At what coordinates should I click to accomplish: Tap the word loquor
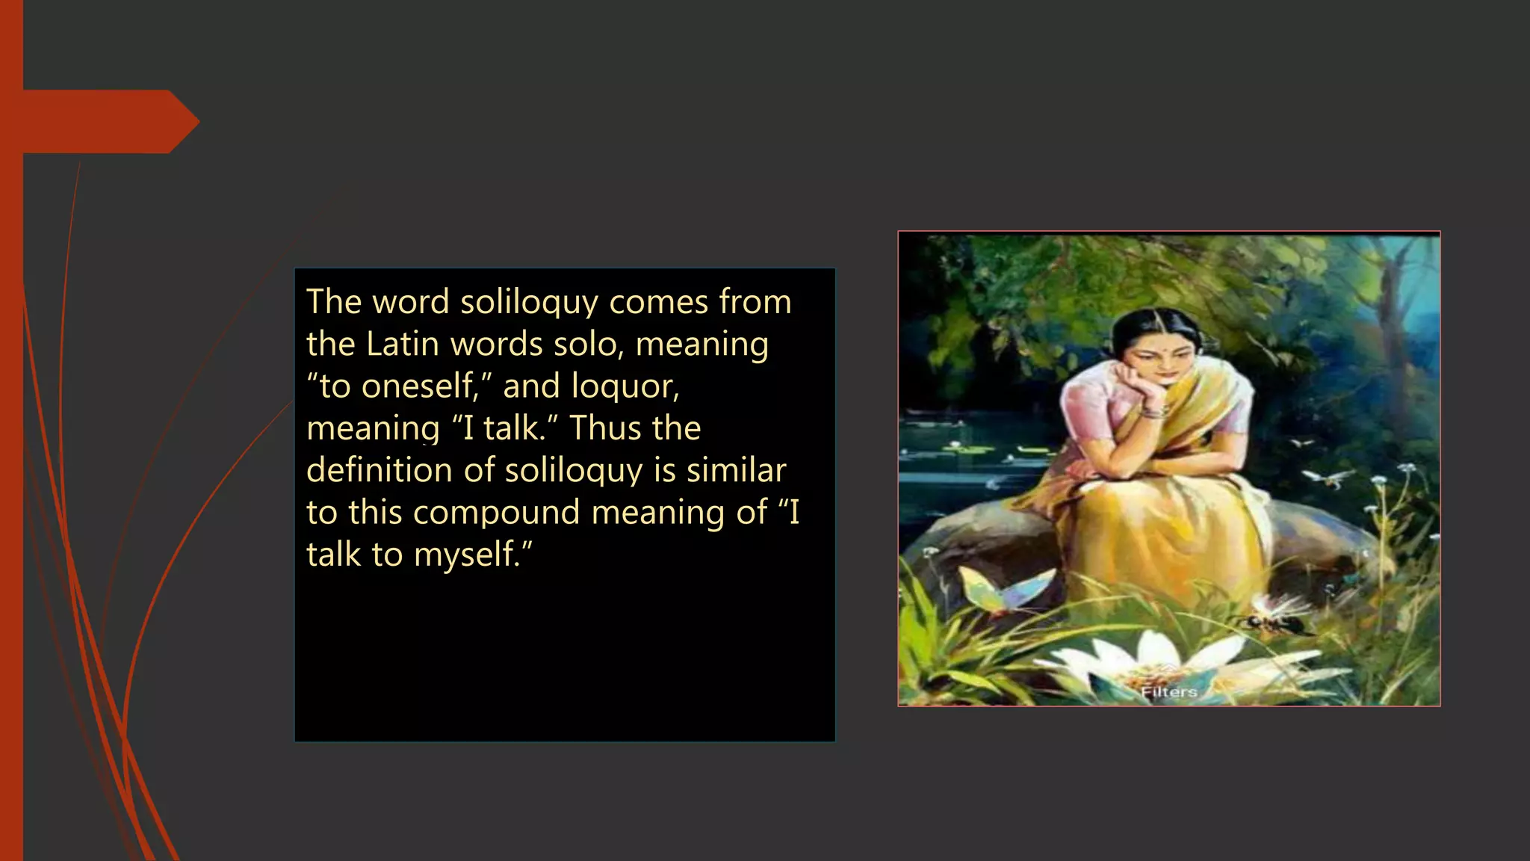click(625, 386)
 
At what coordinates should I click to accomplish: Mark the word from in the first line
click(755, 303)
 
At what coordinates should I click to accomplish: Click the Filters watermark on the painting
click(1168, 692)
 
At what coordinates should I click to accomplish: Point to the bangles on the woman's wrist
click(1154, 410)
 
